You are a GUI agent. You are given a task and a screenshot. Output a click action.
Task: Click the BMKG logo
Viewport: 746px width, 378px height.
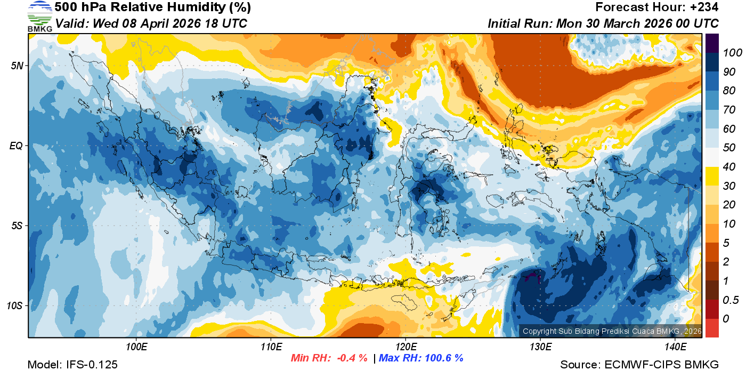pos(39,17)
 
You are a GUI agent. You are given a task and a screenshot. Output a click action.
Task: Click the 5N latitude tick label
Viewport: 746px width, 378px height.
pos(17,66)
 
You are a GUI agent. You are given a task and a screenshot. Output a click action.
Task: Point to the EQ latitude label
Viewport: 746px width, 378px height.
pos(17,146)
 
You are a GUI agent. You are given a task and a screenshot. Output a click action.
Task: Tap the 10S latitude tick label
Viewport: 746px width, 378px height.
pos(15,306)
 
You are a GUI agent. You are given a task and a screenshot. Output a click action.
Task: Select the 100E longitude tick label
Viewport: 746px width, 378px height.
pos(136,347)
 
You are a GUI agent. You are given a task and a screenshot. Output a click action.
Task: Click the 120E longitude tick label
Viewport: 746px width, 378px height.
pos(406,347)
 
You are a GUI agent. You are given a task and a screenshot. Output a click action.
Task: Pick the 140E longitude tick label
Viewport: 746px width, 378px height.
pos(675,347)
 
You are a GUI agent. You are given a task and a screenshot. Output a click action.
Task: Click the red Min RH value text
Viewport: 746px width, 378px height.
pos(329,358)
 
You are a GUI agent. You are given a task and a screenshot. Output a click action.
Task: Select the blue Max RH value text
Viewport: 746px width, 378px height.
pos(421,358)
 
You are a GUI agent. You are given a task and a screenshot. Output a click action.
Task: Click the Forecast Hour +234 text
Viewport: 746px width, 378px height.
pos(657,7)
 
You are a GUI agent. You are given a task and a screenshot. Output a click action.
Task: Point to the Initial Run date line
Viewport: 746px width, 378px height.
pos(603,24)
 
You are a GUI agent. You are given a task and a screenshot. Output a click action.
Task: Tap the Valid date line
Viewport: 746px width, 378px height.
pos(151,24)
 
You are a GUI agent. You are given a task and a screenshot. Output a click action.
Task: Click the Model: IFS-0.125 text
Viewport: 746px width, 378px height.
pos(72,365)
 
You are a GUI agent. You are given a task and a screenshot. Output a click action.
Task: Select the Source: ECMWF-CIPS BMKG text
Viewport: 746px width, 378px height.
pos(639,365)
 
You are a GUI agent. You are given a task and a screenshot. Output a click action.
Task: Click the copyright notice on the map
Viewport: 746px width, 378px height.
pos(612,331)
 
